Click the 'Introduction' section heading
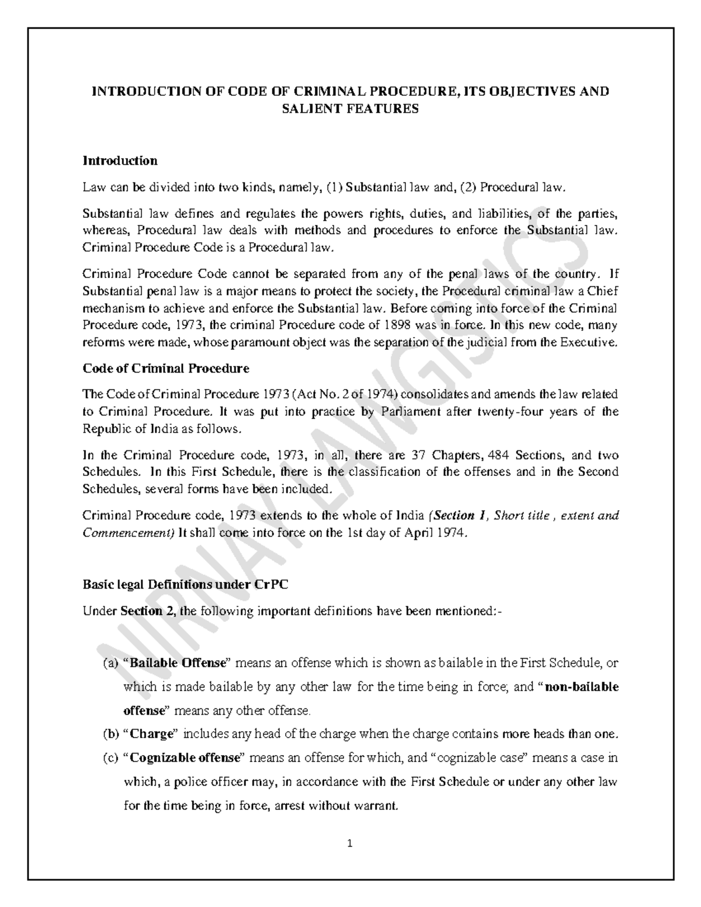[120, 161]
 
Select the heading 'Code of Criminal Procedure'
[166, 369]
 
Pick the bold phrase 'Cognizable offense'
[185, 758]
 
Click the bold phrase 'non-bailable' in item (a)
[581, 687]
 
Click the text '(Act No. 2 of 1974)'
[348, 395]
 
